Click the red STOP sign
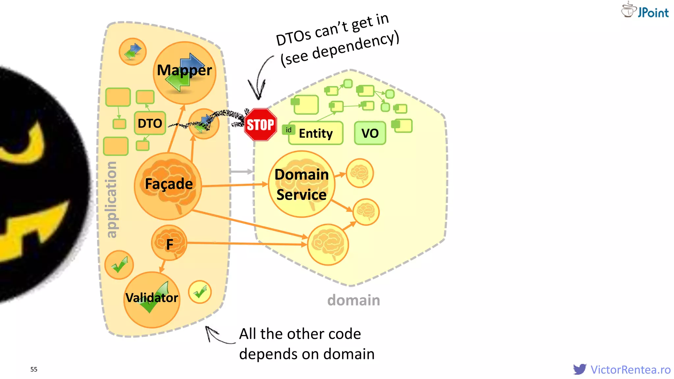pos(260,125)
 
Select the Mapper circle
pos(184,73)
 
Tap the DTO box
pos(150,123)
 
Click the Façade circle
pos(168,186)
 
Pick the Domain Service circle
pos(301,184)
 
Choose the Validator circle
pos(152,299)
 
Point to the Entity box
pos(316,133)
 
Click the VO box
pos(370,133)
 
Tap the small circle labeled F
pos(169,243)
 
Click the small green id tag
pos(288,130)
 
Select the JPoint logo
pos(645,10)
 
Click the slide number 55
pos(34,369)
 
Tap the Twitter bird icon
pos(580,369)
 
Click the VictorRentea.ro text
pos(631,370)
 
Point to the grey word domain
pos(353,300)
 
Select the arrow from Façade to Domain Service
pos(234,185)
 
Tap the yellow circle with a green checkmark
pos(200,292)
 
